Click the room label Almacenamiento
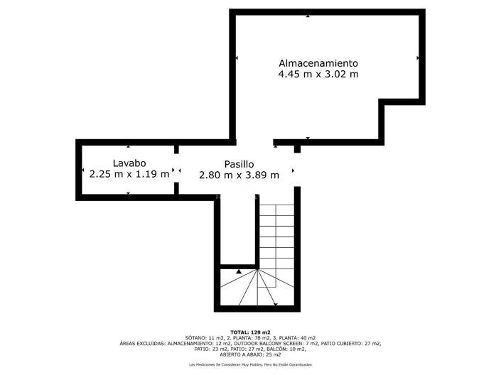tap(318, 62)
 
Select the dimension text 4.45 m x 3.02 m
tap(318, 74)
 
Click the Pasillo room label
tap(239, 163)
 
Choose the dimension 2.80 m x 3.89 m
tap(239, 175)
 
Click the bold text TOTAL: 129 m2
tap(250, 332)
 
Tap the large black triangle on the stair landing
tap(239, 271)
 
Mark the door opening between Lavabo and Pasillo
tap(177, 170)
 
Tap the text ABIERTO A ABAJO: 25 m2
tap(250, 354)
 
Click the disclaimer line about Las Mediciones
tap(250, 364)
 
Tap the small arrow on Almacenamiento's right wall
tap(418, 58)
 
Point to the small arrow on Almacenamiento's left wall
tap(237, 58)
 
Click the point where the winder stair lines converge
tap(257, 271)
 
